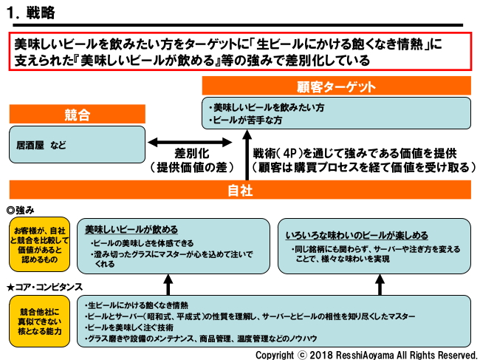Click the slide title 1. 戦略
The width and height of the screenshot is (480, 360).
tap(30, 13)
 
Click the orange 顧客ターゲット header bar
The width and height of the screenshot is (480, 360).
tap(337, 86)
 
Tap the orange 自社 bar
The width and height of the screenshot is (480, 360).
tap(240, 190)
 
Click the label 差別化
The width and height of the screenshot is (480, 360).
tap(194, 153)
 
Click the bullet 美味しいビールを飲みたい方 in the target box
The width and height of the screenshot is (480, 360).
tap(267, 107)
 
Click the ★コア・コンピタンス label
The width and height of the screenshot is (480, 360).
tap(45, 286)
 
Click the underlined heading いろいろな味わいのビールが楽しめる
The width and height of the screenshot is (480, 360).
tap(357, 235)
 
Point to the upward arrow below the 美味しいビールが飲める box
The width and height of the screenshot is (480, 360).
tap(168, 284)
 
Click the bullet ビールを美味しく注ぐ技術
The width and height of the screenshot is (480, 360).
tap(132, 327)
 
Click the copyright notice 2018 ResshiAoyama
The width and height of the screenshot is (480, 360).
tap(366, 353)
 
